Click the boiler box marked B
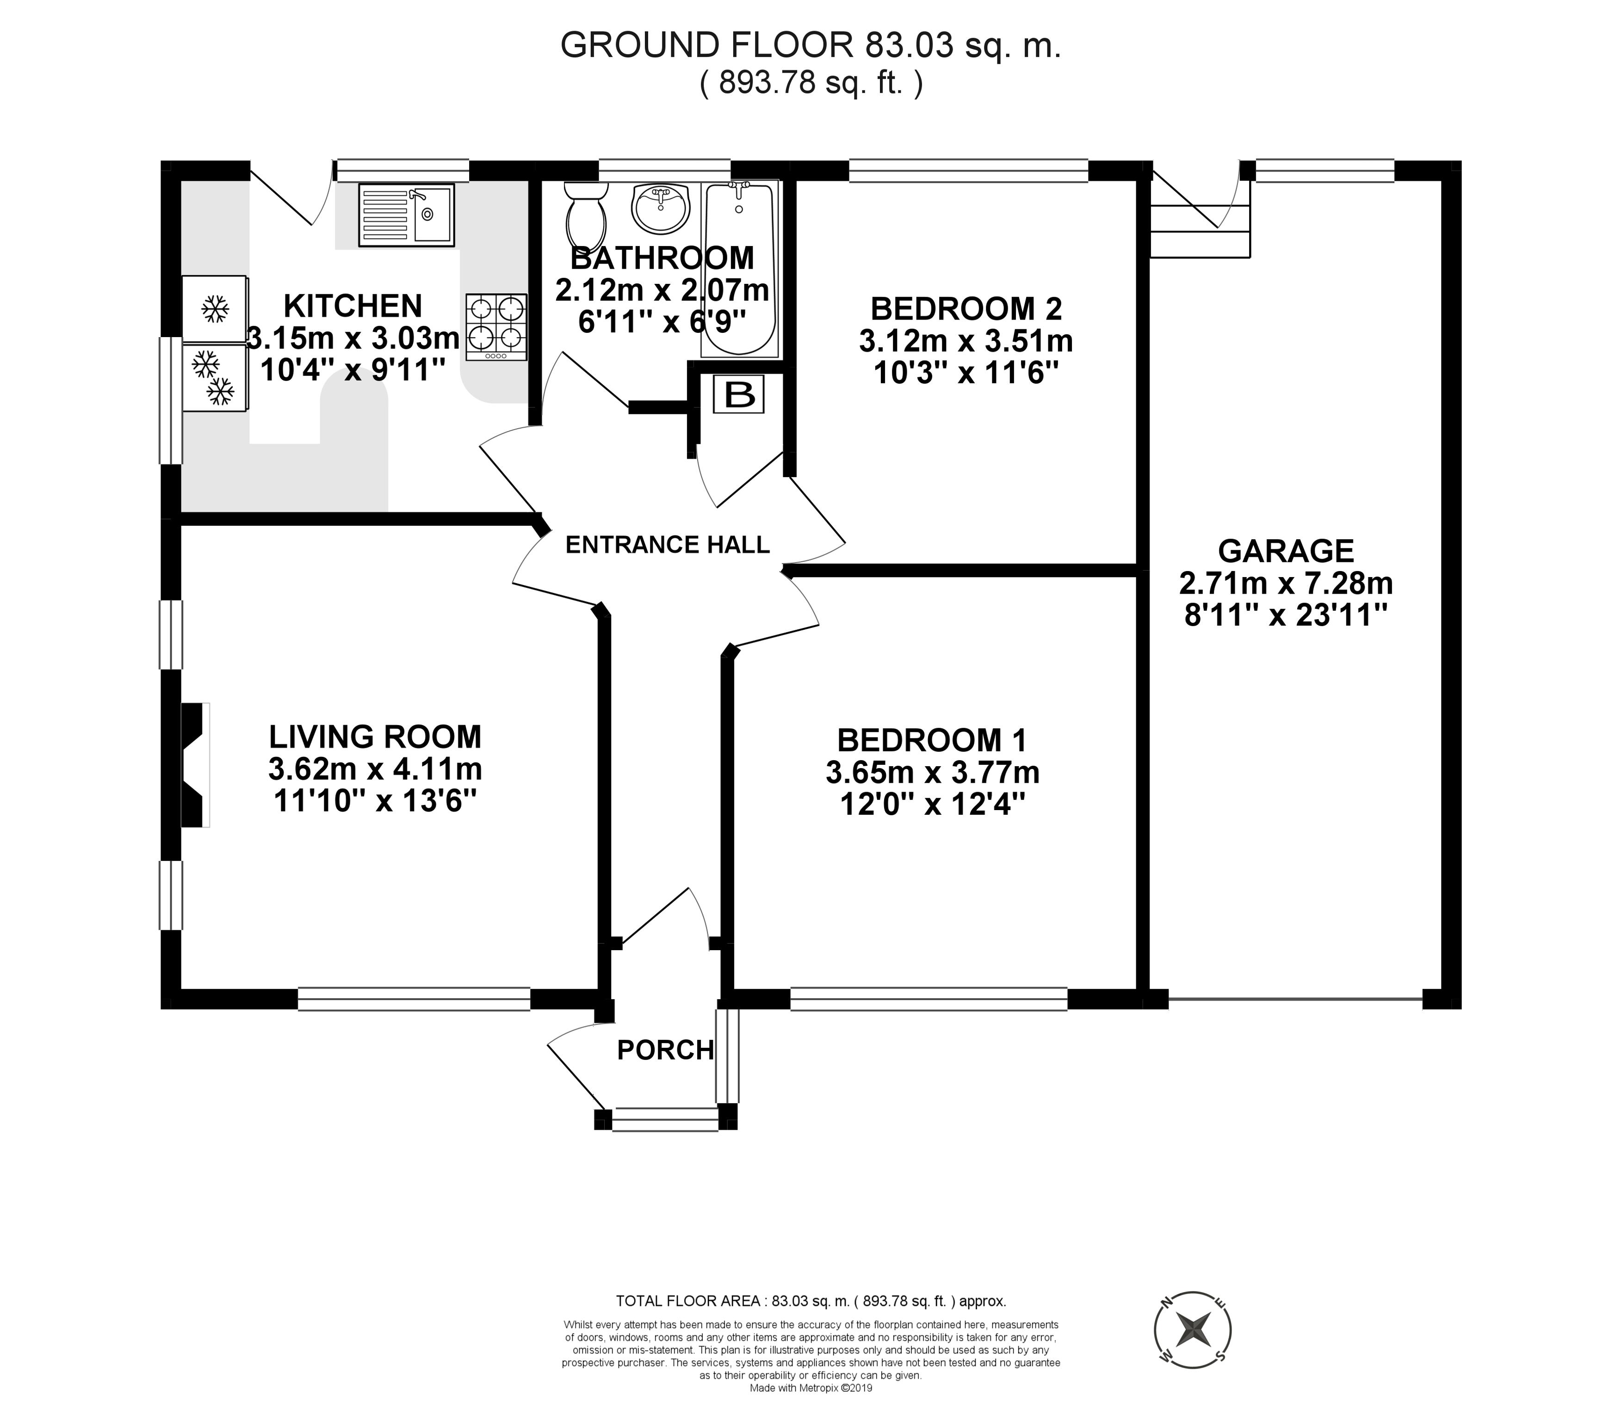pyautogui.click(x=739, y=394)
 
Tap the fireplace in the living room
pyautogui.click(x=195, y=765)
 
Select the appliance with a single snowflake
pyautogui.click(x=214, y=308)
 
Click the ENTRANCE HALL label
pyautogui.click(x=668, y=544)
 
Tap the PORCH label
pyautogui.click(x=665, y=1050)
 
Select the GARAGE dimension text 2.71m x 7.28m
pyautogui.click(x=1286, y=583)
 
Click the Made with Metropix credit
pyautogui.click(x=810, y=1410)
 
